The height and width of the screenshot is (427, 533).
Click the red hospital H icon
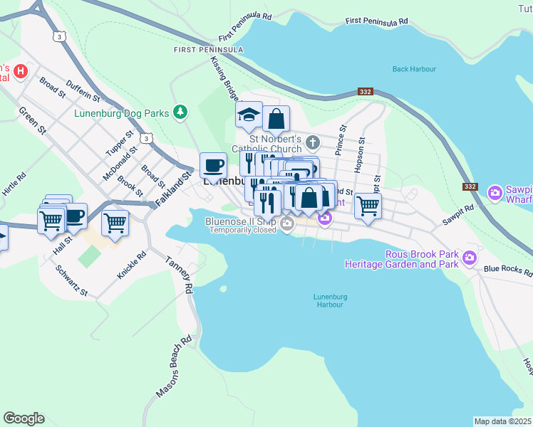click(21, 72)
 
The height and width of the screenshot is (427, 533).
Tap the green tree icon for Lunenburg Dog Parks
click(181, 112)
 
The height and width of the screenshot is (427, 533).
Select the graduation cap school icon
click(249, 115)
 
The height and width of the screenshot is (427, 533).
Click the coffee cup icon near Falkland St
click(213, 166)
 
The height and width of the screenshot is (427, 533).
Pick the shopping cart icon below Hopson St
click(367, 206)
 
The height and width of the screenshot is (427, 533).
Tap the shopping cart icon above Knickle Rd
click(115, 223)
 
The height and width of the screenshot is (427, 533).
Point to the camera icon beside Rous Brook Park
click(469, 258)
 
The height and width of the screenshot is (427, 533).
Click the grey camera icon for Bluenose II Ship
click(287, 225)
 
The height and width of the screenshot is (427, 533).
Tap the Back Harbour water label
click(414, 69)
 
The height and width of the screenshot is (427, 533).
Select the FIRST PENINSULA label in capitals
click(208, 50)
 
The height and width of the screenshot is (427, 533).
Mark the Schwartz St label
click(73, 282)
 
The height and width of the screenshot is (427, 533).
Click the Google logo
click(24, 418)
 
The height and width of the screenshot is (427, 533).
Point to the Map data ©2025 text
click(502, 421)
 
